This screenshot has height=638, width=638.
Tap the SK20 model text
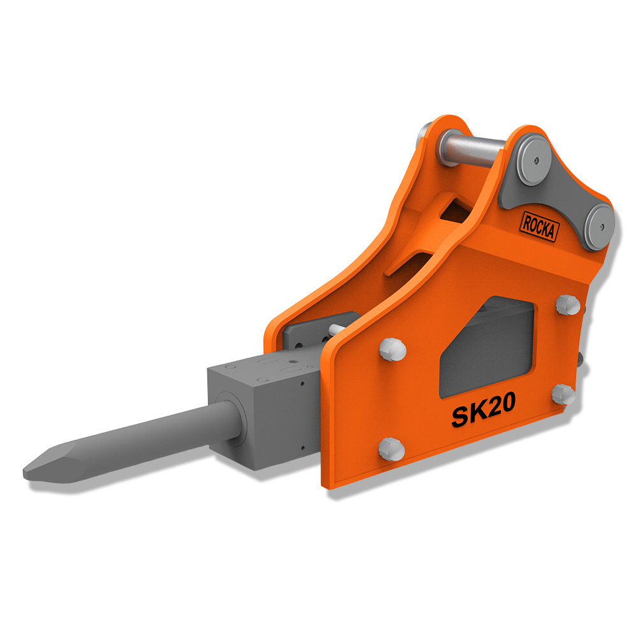click(484, 410)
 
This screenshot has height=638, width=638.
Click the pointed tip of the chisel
click(24, 473)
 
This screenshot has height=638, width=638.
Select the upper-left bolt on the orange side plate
click(392, 349)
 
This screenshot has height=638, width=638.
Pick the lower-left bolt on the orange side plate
click(392, 449)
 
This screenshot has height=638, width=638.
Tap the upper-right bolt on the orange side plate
click(568, 305)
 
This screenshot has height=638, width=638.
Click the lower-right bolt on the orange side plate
click(564, 394)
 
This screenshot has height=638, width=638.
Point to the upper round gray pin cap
click(533, 159)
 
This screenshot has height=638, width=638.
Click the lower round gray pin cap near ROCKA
click(599, 226)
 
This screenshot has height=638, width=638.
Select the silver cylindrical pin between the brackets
click(472, 149)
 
